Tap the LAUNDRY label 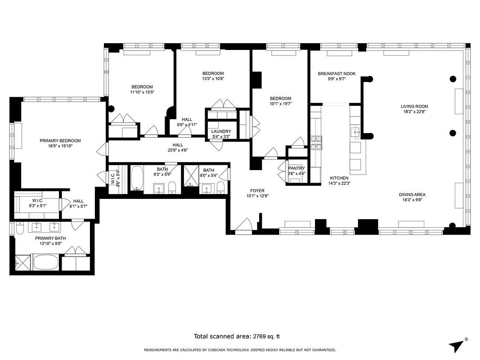221,131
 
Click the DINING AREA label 412,195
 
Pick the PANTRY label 297,168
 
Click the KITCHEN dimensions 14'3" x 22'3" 339,184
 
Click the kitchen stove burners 316,142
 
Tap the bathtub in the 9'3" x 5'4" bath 137,179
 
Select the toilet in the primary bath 19,230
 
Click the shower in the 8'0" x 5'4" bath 191,179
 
